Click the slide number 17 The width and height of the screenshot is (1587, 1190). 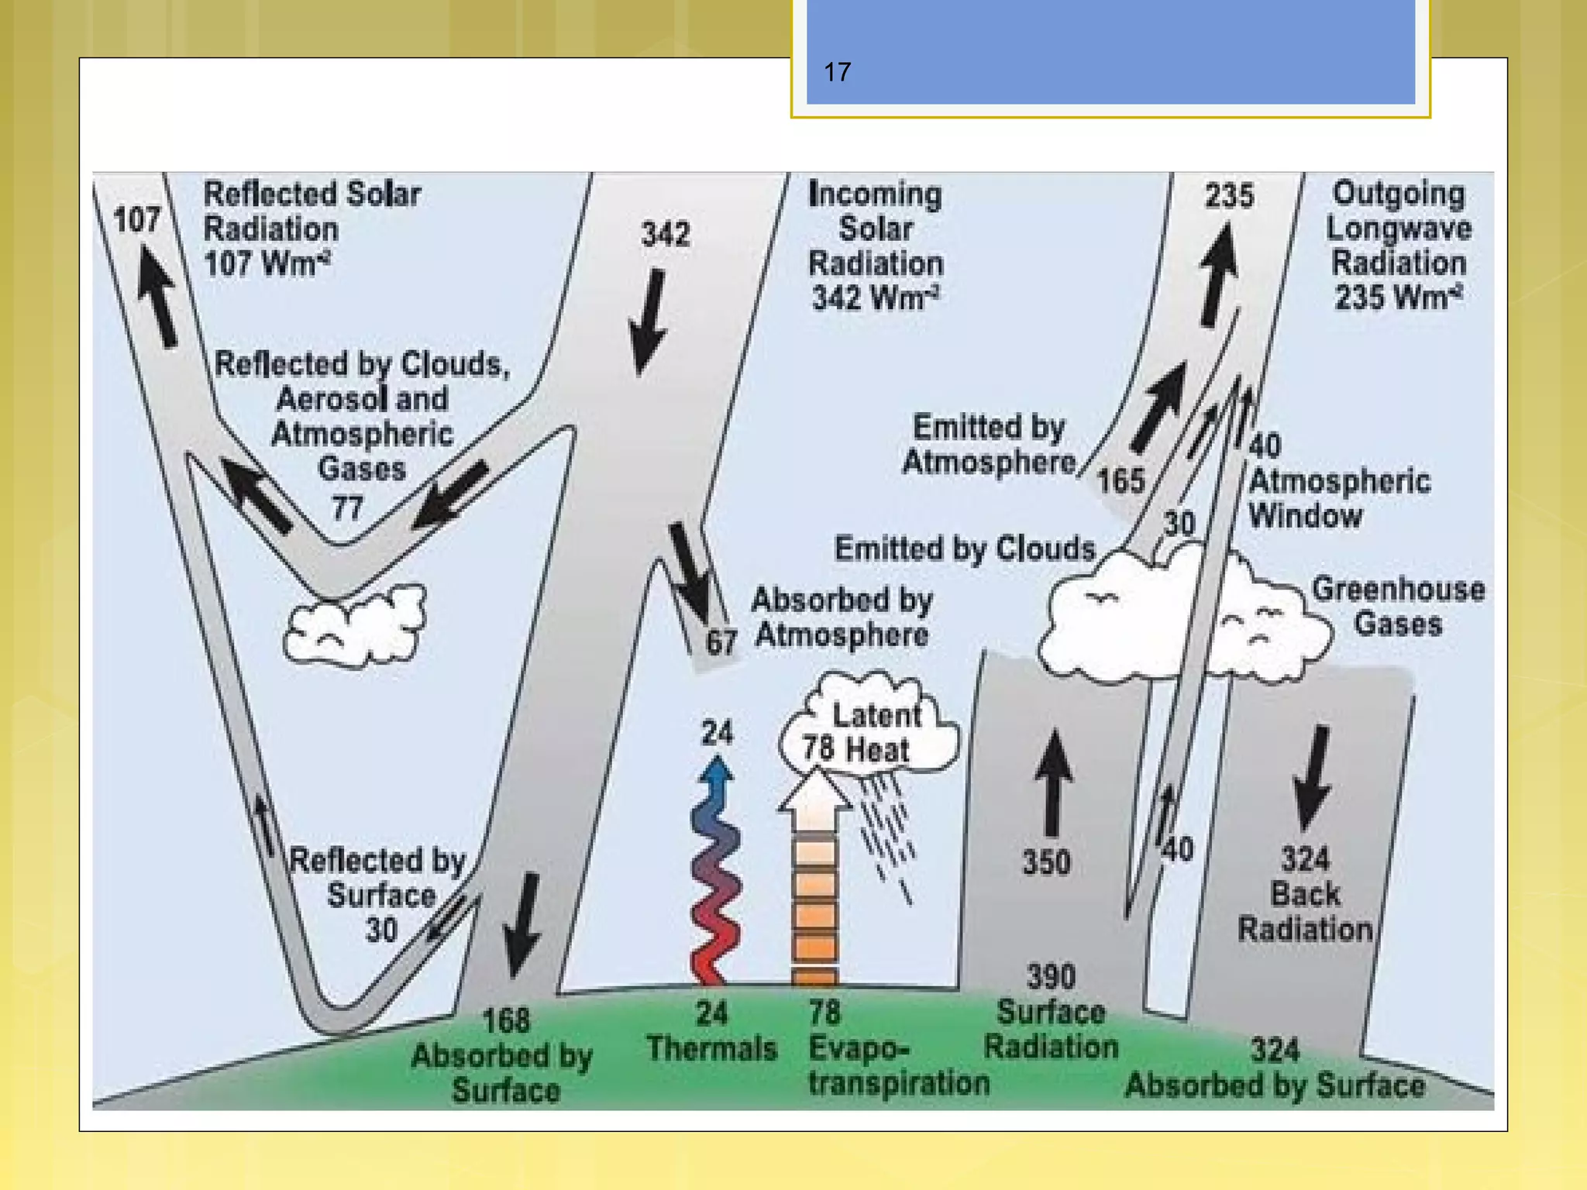pos(837,73)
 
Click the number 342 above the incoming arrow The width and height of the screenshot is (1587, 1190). pos(666,234)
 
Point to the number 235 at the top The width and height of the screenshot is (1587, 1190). pos(1229,196)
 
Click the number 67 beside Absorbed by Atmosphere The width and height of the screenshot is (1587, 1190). pos(721,642)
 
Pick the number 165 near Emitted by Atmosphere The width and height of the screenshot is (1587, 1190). pos(1121,481)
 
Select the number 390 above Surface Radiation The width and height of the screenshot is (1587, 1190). pos(1051,977)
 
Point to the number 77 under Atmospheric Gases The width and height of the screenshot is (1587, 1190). pos(347,509)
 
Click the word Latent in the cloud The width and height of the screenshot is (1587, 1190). pos(876,715)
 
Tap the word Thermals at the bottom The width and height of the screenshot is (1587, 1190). pos(711,1049)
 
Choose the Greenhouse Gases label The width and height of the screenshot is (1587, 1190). pos(1398,607)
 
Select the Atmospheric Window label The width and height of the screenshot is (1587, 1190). pos(1338,498)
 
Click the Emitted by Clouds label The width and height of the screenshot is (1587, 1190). pos(964,549)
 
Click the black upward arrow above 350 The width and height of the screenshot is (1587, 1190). pos(1053,782)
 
